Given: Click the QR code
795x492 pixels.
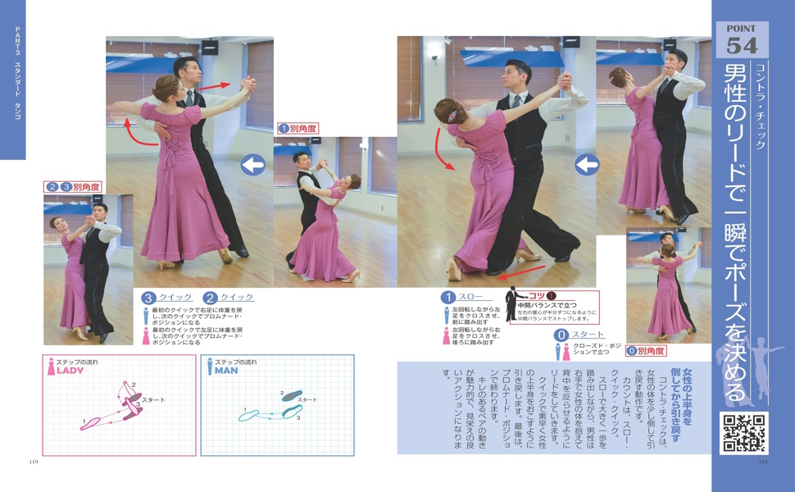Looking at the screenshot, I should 743,433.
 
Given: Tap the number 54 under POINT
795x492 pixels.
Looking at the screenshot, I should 743,45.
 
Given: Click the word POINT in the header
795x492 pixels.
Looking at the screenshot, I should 743,29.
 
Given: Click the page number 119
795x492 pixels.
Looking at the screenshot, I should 34,462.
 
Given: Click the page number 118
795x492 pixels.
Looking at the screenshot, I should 762,462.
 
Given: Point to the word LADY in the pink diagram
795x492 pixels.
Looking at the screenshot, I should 70,371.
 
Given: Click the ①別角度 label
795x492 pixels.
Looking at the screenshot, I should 298,128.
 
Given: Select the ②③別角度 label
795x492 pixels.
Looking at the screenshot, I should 73,187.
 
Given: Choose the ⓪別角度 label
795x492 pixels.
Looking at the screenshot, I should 646,351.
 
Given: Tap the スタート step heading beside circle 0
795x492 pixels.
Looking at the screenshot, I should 588,335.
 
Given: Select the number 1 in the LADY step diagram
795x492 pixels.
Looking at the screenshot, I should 84,422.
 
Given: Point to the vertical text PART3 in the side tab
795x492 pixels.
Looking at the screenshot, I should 17,42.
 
